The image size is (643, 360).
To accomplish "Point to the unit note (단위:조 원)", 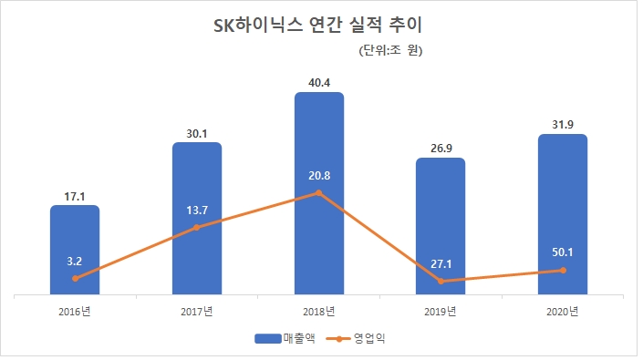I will [391, 50].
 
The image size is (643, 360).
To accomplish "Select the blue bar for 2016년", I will [75, 251].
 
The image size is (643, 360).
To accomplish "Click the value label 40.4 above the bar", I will [319, 82].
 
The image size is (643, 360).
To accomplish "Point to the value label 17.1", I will [75, 195].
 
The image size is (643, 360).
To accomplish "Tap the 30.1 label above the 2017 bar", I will [197, 132].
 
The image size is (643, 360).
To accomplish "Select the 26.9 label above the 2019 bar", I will [441, 148].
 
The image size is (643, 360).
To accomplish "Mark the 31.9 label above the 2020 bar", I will [563, 124].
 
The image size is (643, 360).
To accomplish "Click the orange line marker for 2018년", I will [319, 193].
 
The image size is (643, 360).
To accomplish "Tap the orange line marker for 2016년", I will [75, 278].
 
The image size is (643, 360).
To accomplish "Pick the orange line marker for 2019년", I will [441, 282].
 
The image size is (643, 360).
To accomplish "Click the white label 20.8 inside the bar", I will [319, 174].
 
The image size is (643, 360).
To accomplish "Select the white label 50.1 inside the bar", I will [563, 252].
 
